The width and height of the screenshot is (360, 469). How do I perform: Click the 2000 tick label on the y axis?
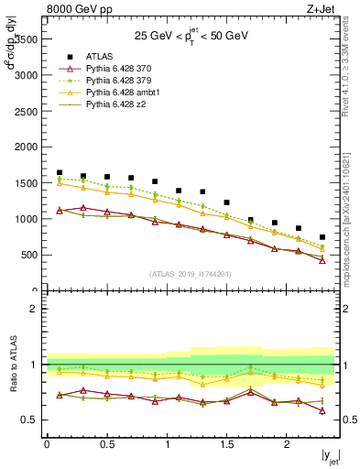coord(24,147)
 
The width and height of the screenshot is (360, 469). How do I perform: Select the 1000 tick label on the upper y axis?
coord(24,220)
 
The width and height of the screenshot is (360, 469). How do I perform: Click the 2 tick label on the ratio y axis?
coord(34,309)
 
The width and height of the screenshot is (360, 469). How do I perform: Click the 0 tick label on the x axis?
coord(47,444)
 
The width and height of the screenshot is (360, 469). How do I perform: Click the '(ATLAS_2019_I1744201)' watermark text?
coord(191,273)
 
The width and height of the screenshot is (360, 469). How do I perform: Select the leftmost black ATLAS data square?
coord(60,172)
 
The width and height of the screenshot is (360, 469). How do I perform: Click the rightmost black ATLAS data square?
coord(322,237)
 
